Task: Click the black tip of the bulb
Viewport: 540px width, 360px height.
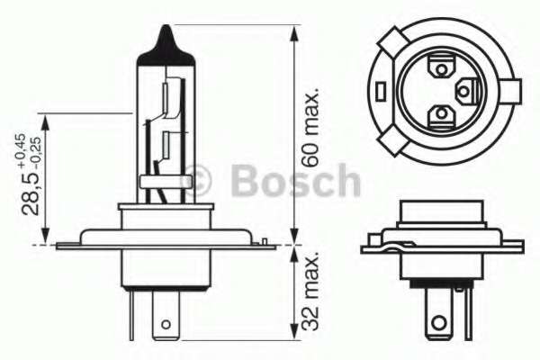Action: (166, 41)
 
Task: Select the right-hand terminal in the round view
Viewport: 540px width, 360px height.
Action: (465, 90)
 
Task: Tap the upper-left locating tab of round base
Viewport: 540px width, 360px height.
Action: (393, 43)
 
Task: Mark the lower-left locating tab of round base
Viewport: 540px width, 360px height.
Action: (393, 139)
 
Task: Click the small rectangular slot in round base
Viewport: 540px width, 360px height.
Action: (382, 91)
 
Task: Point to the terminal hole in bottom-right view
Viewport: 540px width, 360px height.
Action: (438, 320)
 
